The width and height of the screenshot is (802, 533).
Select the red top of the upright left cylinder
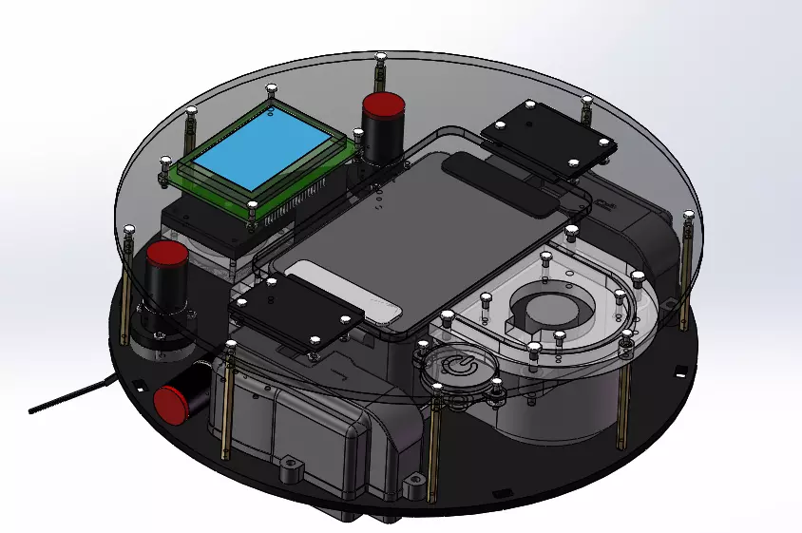[x=166, y=256]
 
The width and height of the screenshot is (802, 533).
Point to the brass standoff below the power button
[x=433, y=447]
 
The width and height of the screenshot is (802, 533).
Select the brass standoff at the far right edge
[x=685, y=276]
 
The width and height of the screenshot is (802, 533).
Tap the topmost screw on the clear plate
[x=380, y=60]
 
